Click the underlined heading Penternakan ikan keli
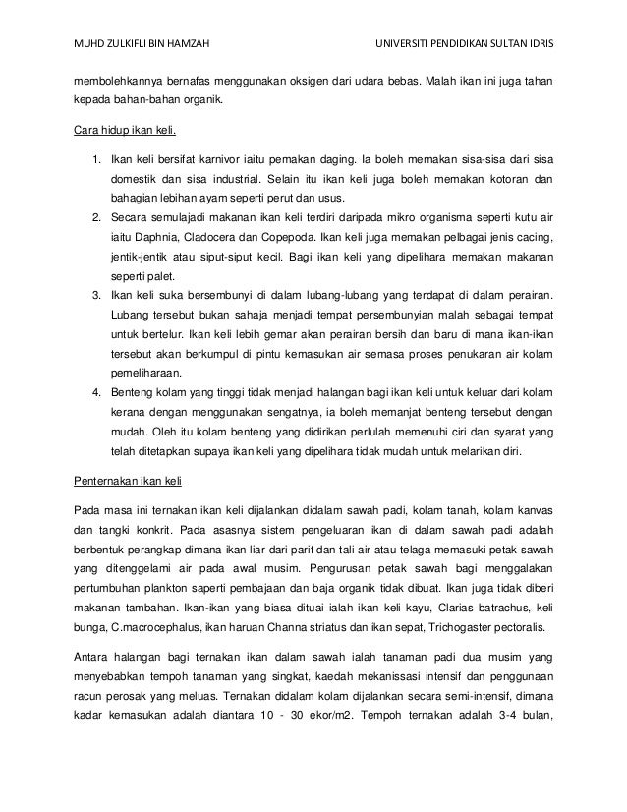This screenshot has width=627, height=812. tap(127, 484)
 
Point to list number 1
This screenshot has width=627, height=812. tap(95, 159)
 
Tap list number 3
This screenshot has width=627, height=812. tap(95, 296)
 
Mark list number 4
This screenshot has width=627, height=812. tap(95, 394)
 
